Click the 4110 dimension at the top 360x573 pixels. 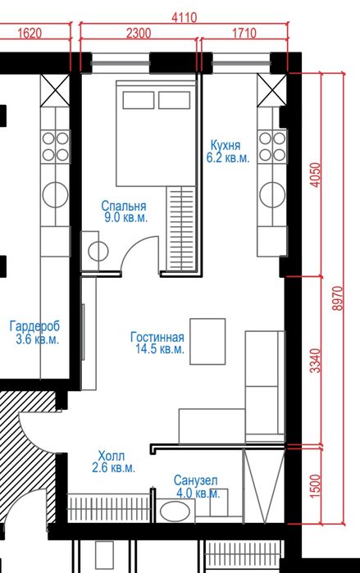185,17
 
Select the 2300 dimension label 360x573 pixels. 139,34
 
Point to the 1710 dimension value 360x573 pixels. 244,34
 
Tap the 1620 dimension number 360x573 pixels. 30,34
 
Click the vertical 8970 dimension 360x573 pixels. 338,298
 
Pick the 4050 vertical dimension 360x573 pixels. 316,175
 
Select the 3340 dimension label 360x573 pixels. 316,361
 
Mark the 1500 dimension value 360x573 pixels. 316,485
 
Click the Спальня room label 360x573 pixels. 124,206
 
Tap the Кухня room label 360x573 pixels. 226,145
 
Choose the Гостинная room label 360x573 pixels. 157,337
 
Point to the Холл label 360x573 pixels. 112,456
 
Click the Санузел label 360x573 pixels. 195,480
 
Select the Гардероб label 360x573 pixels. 34,325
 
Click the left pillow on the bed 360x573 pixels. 138,100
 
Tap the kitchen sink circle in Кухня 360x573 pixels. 272,194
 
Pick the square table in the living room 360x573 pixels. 207,341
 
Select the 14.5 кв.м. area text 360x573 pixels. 160,348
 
